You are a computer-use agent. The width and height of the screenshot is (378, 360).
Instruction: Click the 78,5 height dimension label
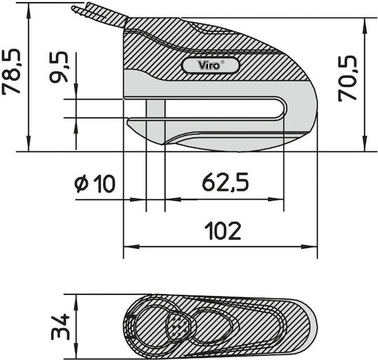(x=11, y=71)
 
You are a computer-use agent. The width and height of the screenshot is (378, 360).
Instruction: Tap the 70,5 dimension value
(x=347, y=78)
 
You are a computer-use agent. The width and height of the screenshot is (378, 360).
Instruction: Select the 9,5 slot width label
(x=59, y=67)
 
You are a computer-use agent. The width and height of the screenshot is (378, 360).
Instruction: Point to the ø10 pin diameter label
(x=94, y=184)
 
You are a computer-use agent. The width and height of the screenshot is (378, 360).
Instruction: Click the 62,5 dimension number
(x=225, y=181)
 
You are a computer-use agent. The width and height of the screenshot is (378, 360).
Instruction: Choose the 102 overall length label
(x=223, y=231)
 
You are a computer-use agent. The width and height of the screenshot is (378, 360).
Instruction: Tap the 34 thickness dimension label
(x=60, y=326)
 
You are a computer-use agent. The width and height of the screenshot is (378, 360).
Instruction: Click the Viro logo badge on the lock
(x=211, y=65)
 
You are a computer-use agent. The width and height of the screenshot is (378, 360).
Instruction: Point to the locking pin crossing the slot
(x=155, y=109)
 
